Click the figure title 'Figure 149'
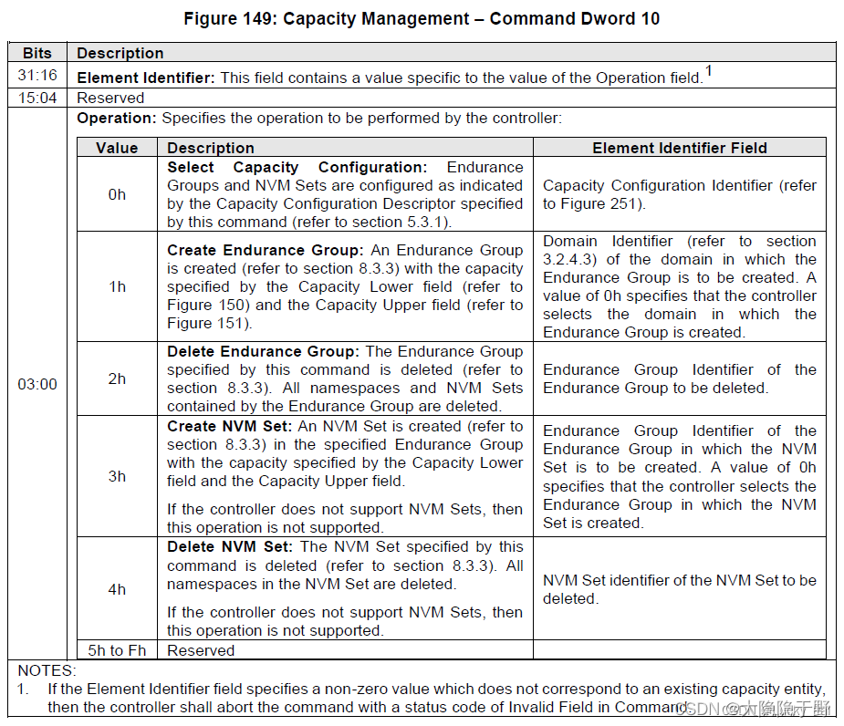(x=422, y=18)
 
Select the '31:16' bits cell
(x=37, y=77)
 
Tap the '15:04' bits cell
(x=37, y=98)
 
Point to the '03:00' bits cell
(x=37, y=384)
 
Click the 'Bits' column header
(x=37, y=53)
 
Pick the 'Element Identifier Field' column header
(x=680, y=148)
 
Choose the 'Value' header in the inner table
(x=117, y=148)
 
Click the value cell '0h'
(x=117, y=194)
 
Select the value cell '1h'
(x=117, y=286)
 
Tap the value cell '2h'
(x=117, y=379)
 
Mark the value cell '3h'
(x=117, y=476)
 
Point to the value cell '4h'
(x=117, y=589)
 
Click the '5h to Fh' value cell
(x=117, y=650)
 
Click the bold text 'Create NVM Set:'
(x=230, y=426)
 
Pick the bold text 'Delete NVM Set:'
(x=230, y=546)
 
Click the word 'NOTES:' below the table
(x=43, y=670)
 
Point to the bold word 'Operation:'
(x=117, y=119)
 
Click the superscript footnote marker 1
(x=708, y=71)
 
